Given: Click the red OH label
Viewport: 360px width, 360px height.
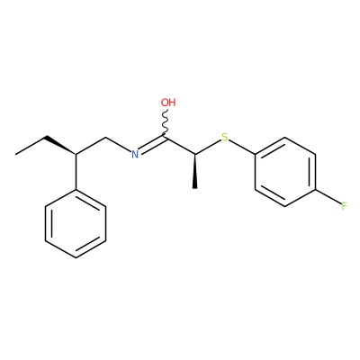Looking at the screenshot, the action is tap(168, 103).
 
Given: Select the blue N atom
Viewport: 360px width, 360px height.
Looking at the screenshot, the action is tap(135, 155).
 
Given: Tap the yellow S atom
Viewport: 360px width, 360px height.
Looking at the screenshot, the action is tap(225, 138).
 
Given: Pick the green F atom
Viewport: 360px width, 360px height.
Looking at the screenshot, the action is tap(344, 206).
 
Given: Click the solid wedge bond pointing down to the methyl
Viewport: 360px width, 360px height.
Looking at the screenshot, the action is tap(195, 172).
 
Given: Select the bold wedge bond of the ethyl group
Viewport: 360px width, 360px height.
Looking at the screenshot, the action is tap(60, 146).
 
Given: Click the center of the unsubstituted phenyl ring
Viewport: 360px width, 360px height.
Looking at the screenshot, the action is tap(76, 223).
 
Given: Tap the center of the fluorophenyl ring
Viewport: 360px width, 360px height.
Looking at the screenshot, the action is tap(285, 172).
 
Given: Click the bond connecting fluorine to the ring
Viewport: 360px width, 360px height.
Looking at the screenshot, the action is tap(328, 197).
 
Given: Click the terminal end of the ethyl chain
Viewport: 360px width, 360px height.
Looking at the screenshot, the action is tap(16, 155).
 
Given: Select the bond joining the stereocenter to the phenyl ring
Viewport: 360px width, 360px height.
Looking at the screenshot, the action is tap(76, 172).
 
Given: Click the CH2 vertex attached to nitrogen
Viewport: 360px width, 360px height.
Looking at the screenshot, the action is tap(106, 138).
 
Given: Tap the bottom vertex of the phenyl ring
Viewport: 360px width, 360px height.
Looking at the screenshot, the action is tap(76, 257).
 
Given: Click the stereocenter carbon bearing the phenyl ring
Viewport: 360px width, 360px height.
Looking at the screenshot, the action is tap(76, 155).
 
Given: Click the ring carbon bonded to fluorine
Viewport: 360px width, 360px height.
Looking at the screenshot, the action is tap(315, 189).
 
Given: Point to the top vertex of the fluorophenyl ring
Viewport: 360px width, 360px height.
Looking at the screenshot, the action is tap(285, 138).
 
